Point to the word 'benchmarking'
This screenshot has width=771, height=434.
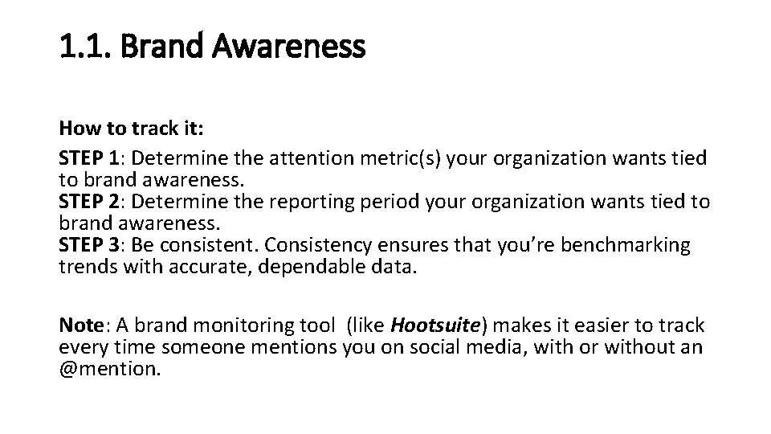(x=626, y=245)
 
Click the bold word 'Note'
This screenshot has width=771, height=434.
(x=81, y=325)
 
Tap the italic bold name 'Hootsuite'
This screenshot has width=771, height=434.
(x=434, y=325)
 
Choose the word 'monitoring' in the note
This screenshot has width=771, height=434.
(x=243, y=325)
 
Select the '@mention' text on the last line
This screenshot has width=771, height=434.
(x=109, y=369)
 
